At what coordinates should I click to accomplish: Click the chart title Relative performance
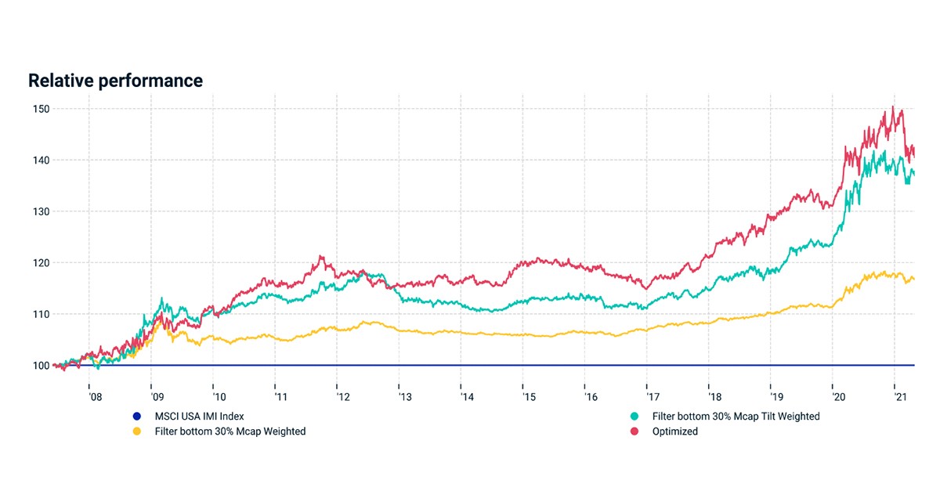pos(115,81)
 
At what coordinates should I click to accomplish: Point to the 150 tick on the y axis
pos(41,109)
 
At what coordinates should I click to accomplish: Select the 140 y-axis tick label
pos(41,161)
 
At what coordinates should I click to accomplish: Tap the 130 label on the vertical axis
pos(41,211)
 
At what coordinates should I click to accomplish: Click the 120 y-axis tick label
pos(41,263)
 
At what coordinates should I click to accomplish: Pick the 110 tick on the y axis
pos(41,314)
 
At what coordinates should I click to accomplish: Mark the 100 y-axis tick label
pos(41,366)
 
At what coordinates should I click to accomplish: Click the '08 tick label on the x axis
pos(96,397)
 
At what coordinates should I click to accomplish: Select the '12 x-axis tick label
pos(343,397)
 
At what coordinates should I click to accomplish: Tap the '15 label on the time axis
pos(530,397)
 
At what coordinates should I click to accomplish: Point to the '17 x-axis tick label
pos(653,397)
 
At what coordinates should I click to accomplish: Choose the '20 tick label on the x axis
pos(839,397)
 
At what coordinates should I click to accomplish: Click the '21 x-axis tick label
pos(901,397)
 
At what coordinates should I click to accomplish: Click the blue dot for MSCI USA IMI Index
pos(137,417)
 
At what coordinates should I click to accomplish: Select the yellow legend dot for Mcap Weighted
pos(137,431)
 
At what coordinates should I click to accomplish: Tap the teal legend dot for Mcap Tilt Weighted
pos(634,417)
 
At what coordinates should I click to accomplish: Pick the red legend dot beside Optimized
pos(634,431)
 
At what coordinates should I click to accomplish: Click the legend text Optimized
pos(674,431)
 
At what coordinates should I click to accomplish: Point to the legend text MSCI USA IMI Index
pos(199,417)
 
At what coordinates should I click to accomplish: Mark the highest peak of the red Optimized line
pos(892,107)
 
